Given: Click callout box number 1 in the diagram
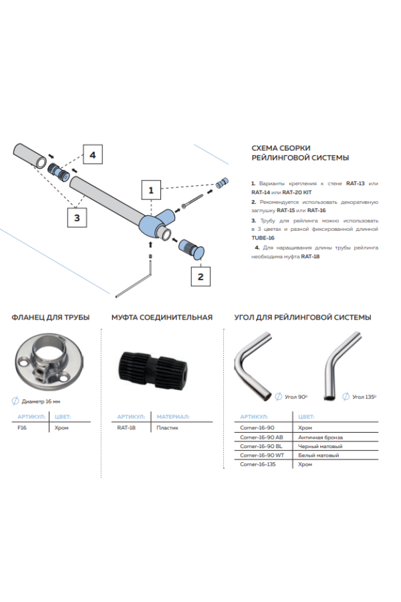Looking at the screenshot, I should coord(151,191).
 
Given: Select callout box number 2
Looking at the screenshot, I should coord(201,274).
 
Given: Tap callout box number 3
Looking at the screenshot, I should coord(78,217).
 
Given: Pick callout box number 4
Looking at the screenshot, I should coord(93,155).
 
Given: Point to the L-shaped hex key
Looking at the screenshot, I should coord(136,282).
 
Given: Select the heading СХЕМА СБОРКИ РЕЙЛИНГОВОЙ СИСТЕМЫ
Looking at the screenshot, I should coord(300,153).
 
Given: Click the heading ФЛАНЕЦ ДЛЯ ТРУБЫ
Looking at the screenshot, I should coord(51,317).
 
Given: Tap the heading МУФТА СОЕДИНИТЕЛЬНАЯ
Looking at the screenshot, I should coord(162,317).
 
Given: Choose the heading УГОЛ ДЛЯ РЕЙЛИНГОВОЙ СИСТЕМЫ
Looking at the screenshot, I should coord(302,317).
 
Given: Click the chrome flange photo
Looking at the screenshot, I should coord(45,364).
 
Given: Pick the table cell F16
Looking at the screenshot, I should coord(21,427).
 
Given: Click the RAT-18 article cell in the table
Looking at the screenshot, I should coord(126,427).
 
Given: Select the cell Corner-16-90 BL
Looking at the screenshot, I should coord(261,445).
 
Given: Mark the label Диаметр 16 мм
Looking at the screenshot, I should coord(41,401).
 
